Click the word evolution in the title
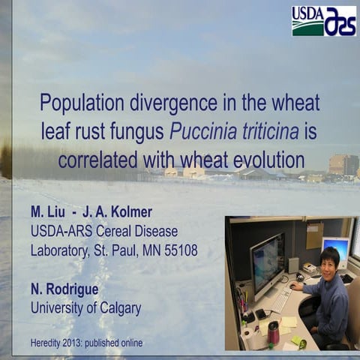pos(268,160)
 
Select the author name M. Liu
pos(48,212)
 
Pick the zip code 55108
pos(179,250)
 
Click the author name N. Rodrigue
pos(66,288)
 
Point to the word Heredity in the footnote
pos(49,343)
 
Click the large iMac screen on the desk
pos(267,262)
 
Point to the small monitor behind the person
pos(335,249)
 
